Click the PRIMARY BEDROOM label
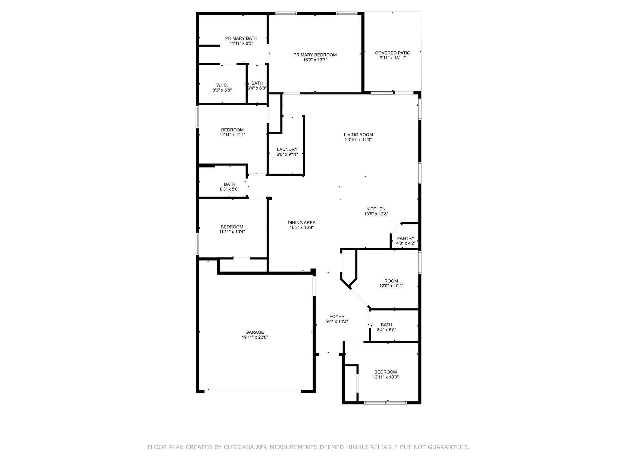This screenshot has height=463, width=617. click(x=315, y=55)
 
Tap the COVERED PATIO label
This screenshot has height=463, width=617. click(x=393, y=53)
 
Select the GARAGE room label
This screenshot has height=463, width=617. click(x=255, y=332)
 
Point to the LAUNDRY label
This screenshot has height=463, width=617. click(x=287, y=149)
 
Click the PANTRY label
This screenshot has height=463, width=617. click(x=406, y=238)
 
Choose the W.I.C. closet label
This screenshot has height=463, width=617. click(x=222, y=85)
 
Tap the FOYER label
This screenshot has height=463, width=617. click(x=337, y=317)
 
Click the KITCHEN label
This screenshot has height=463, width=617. click(x=376, y=209)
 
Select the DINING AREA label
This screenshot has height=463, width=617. click(x=302, y=223)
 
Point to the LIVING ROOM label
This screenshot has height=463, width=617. click(x=358, y=135)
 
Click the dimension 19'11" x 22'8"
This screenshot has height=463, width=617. click(x=255, y=337)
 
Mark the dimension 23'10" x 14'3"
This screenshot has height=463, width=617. click(x=358, y=140)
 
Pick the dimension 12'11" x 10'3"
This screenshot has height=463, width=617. click(x=386, y=377)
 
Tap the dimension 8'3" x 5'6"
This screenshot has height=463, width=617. click(x=230, y=189)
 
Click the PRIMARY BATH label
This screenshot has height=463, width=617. click(x=241, y=38)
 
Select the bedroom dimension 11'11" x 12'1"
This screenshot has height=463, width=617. click(x=233, y=135)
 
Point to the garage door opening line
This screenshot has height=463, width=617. click(x=253, y=391)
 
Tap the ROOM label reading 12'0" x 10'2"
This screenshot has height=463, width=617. click(x=391, y=281)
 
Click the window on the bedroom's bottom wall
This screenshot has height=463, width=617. click(x=386, y=402)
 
